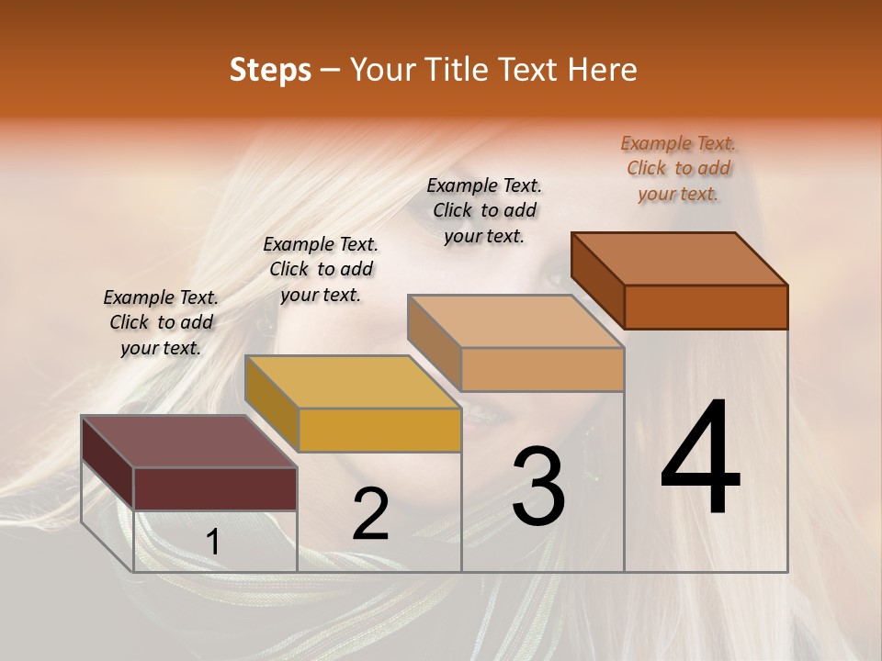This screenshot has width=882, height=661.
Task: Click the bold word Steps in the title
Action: (x=270, y=70)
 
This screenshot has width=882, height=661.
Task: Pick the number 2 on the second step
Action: (x=370, y=514)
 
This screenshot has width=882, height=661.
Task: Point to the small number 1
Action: (x=213, y=542)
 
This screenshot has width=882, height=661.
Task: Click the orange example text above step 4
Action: (x=678, y=168)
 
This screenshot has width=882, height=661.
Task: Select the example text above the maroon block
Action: (x=161, y=322)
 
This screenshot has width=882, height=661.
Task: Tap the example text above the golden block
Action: (x=321, y=269)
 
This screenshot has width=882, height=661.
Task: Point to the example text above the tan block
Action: (x=484, y=210)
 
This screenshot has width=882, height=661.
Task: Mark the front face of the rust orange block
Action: (x=706, y=307)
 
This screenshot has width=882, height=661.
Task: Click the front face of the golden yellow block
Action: (x=379, y=430)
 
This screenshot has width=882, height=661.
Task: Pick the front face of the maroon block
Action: (x=215, y=488)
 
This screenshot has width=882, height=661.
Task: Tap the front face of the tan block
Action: (x=542, y=369)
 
